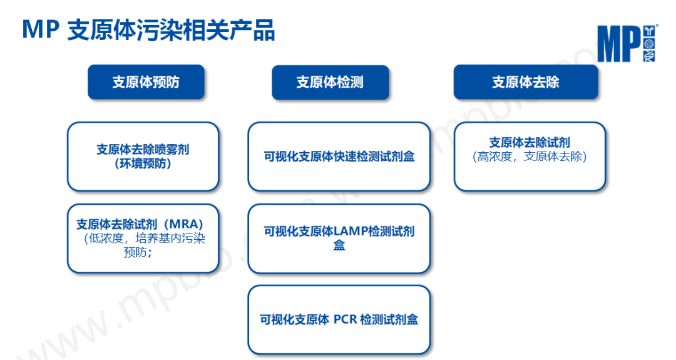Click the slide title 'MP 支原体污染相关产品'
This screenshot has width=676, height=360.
(148, 29)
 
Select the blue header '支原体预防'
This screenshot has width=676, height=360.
(146, 82)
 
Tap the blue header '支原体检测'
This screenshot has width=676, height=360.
(330, 82)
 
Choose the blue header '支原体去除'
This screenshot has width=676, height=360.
(525, 82)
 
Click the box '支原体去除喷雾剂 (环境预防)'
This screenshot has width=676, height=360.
(143, 157)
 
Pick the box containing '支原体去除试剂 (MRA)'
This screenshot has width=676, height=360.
(143, 238)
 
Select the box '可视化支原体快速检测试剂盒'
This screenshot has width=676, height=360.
(339, 157)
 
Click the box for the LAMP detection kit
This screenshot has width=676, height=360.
(339, 238)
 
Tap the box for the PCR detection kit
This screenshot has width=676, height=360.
(339, 319)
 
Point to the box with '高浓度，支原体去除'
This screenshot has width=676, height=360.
(530, 157)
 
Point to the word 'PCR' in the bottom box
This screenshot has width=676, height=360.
(345, 319)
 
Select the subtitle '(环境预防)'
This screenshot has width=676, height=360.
(143, 164)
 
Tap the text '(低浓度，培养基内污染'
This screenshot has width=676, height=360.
(144, 239)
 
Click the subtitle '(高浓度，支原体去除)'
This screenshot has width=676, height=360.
(530, 157)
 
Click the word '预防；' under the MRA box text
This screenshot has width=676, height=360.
(138, 253)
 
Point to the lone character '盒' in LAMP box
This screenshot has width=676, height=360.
(339, 245)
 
